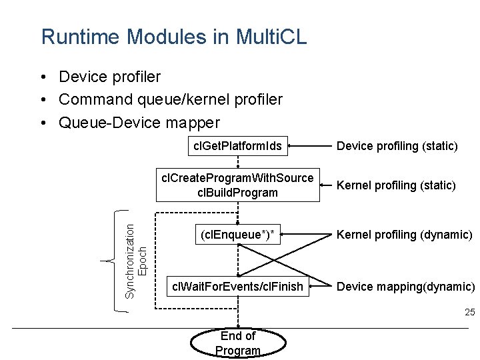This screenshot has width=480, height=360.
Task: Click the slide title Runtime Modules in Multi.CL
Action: pos(174,37)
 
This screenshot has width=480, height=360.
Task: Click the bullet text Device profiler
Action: pos(109,77)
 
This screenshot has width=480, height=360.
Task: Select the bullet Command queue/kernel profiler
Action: pos(170,99)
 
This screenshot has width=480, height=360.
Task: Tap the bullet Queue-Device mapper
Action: pos(139,123)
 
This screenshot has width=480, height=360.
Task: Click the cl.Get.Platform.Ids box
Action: pos(237,145)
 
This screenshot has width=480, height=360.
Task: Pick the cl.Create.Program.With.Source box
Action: pos(237,185)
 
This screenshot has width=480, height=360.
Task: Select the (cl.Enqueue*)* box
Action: pos(237,233)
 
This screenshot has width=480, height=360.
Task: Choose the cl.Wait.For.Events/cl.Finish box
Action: pos(237,287)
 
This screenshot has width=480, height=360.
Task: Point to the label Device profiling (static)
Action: pos(397,145)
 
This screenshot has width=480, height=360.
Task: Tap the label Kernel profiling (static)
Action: pos(396,185)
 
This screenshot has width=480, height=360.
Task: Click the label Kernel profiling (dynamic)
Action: pos(404,234)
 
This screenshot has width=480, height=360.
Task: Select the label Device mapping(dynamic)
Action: pos(405,287)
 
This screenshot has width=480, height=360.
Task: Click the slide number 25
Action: pos(469,312)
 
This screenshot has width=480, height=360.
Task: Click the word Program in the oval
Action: pos(238,350)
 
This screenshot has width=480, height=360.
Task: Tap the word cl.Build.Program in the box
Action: pos(237,193)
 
